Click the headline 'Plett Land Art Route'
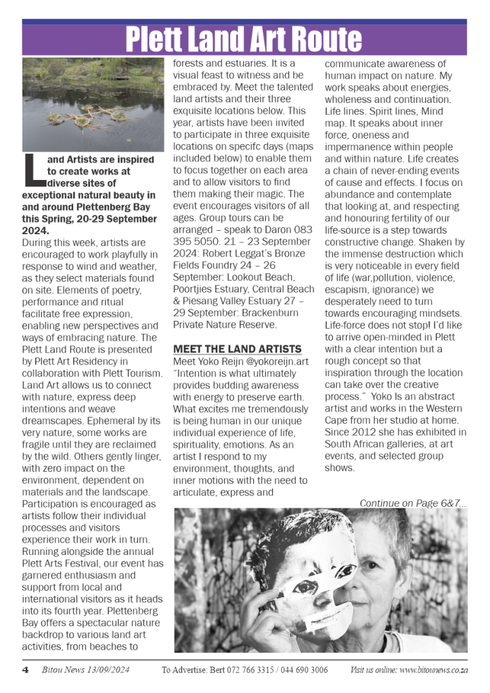pyautogui.click(x=244, y=40)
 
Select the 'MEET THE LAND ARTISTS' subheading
pyautogui.click(x=237, y=349)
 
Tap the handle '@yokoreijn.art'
pyautogui.click(x=278, y=361)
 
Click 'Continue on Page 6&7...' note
pyautogui.click(x=413, y=503)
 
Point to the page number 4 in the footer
pyautogui.click(x=25, y=670)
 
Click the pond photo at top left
pyautogui.click(x=93, y=105)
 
